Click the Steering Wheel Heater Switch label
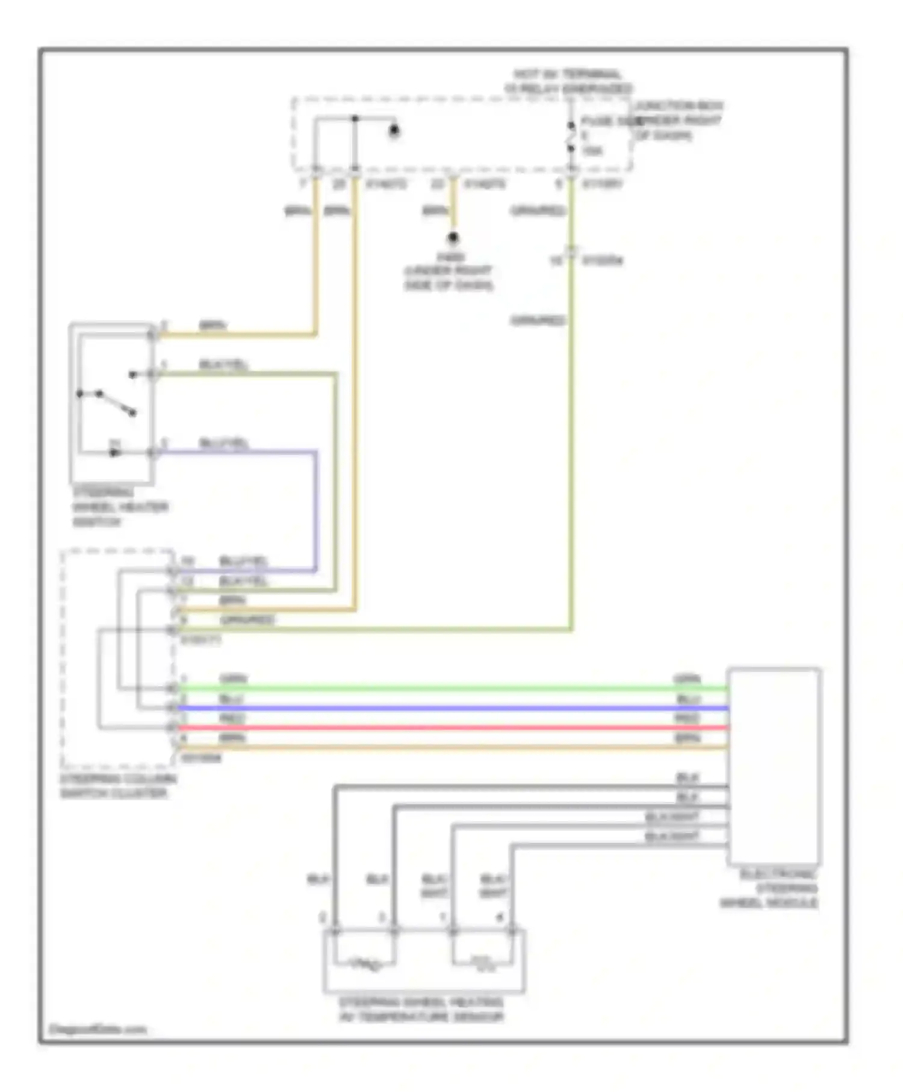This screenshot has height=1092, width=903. (x=119, y=507)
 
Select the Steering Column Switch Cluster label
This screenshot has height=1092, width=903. (x=118, y=786)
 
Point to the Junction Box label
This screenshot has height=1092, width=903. (x=679, y=120)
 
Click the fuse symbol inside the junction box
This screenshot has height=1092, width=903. (x=571, y=137)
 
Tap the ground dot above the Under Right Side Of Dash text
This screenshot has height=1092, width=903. (x=453, y=238)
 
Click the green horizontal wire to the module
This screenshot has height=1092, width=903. (x=451, y=688)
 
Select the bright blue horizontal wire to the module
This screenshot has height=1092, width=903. (x=451, y=708)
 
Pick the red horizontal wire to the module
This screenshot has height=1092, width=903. (x=451, y=728)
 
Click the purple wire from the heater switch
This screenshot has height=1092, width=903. (x=315, y=512)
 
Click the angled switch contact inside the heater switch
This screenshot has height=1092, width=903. (x=116, y=403)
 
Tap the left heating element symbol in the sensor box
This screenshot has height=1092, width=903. (x=365, y=965)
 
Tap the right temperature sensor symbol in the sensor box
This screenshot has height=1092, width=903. (x=483, y=965)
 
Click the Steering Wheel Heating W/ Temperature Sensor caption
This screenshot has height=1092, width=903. (x=421, y=1010)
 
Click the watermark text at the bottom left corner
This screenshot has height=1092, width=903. (x=98, y=1029)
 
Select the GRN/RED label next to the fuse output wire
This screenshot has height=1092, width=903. (x=538, y=211)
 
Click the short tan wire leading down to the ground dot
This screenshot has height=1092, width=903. (x=453, y=208)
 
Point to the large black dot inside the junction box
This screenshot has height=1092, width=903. (x=394, y=130)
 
